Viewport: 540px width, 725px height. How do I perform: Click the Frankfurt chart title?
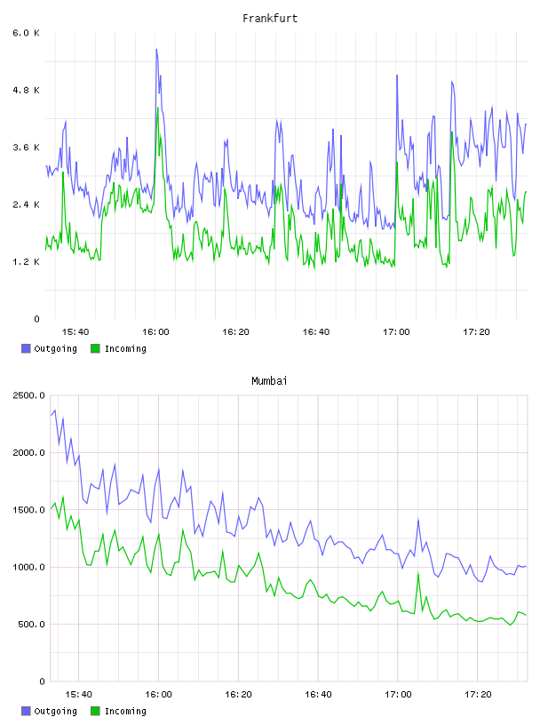[x=270, y=19]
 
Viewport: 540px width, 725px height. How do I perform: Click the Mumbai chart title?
[x=269, y=381]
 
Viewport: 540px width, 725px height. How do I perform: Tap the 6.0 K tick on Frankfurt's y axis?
[x=27, y=33]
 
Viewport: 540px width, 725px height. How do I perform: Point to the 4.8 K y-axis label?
[x=27, y=90]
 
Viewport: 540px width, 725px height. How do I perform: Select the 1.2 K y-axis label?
[x=27, y=262]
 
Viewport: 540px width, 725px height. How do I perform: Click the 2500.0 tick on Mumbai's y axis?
[x=29, y=395]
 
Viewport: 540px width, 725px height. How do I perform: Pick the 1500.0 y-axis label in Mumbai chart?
[x=29, y=510]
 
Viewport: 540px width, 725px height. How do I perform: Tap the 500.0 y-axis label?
[x=32, y=625]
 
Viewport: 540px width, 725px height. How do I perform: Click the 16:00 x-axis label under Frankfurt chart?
[x=155, y=332]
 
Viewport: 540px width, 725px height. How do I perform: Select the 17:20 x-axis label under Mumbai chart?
[x=478, y=695]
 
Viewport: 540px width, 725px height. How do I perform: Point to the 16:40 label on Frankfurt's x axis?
[x=316, y=332]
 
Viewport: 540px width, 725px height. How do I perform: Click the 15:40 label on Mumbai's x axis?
[x=78, y=695]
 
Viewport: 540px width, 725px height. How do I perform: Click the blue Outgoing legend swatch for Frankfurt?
[x=26, y=348]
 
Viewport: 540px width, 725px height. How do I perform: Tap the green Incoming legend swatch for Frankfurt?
[x=95, y=348]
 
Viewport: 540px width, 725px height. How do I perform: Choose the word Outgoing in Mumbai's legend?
[x=55, y=711]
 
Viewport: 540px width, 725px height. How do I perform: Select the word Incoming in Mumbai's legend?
[x=125, y=711]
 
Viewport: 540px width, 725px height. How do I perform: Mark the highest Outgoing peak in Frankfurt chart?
[x=156, y=49]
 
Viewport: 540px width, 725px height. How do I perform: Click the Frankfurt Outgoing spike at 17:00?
[x=397, y=75]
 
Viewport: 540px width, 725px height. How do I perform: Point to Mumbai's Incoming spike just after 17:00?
[x=418, y=574]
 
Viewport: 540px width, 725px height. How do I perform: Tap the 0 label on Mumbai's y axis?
[x=42, y=681]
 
